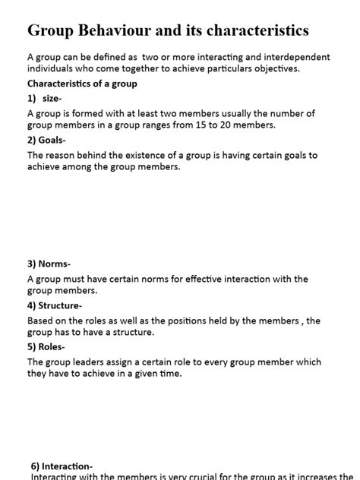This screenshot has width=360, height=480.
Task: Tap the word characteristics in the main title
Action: click(256, 31)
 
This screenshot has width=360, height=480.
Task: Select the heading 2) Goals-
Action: click(47, 141)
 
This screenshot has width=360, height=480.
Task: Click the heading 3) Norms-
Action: click(49, 264)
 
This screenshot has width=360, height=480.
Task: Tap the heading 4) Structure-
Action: click(55, 305)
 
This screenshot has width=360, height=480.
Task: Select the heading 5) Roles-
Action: click(49, 347)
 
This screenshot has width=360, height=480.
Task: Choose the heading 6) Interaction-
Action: click(62, 466)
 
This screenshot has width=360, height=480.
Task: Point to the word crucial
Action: click(196, 476)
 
